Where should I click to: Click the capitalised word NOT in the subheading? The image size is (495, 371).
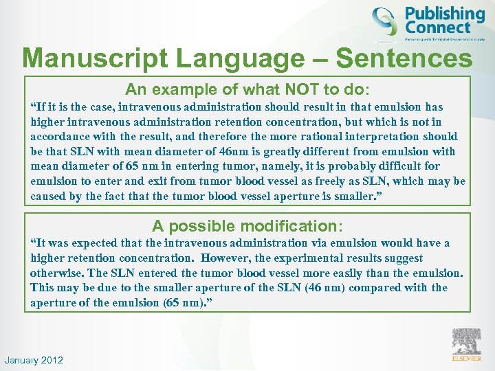(280, 89)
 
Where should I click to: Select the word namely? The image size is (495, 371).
(262, 166)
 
